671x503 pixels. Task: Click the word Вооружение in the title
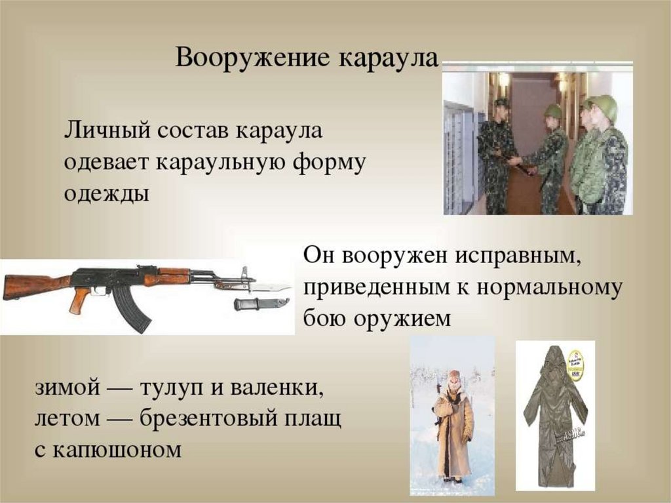pyautogui.click(x=253, y=59)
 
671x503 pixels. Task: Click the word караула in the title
pyautogui.click(x=388, y=59)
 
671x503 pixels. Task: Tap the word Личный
pyautogui.click(x=105, y=131)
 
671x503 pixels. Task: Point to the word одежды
pyautogui.click(x=107, y=195)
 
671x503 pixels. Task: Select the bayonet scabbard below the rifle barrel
pyautogui.click(x=259, y=304)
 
